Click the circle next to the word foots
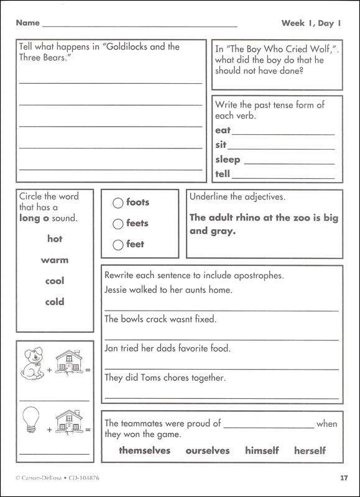coord(118,203)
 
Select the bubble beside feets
coord(118,224)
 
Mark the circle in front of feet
coord(118,245)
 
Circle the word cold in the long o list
coord(55,302)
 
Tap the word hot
coord(55,239)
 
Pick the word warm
coord(55,260)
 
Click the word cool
coord(55,281)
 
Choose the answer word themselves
coord(144,450)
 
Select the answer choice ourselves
coord(207,450)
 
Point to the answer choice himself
coord(262,450)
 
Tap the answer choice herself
coord(310,450)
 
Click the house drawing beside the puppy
coord(69,363)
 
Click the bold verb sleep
coord(228,160)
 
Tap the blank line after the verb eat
coord(283,133)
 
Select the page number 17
coord(344,478)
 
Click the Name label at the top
coord(27,23)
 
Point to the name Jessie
coord(117,290)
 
